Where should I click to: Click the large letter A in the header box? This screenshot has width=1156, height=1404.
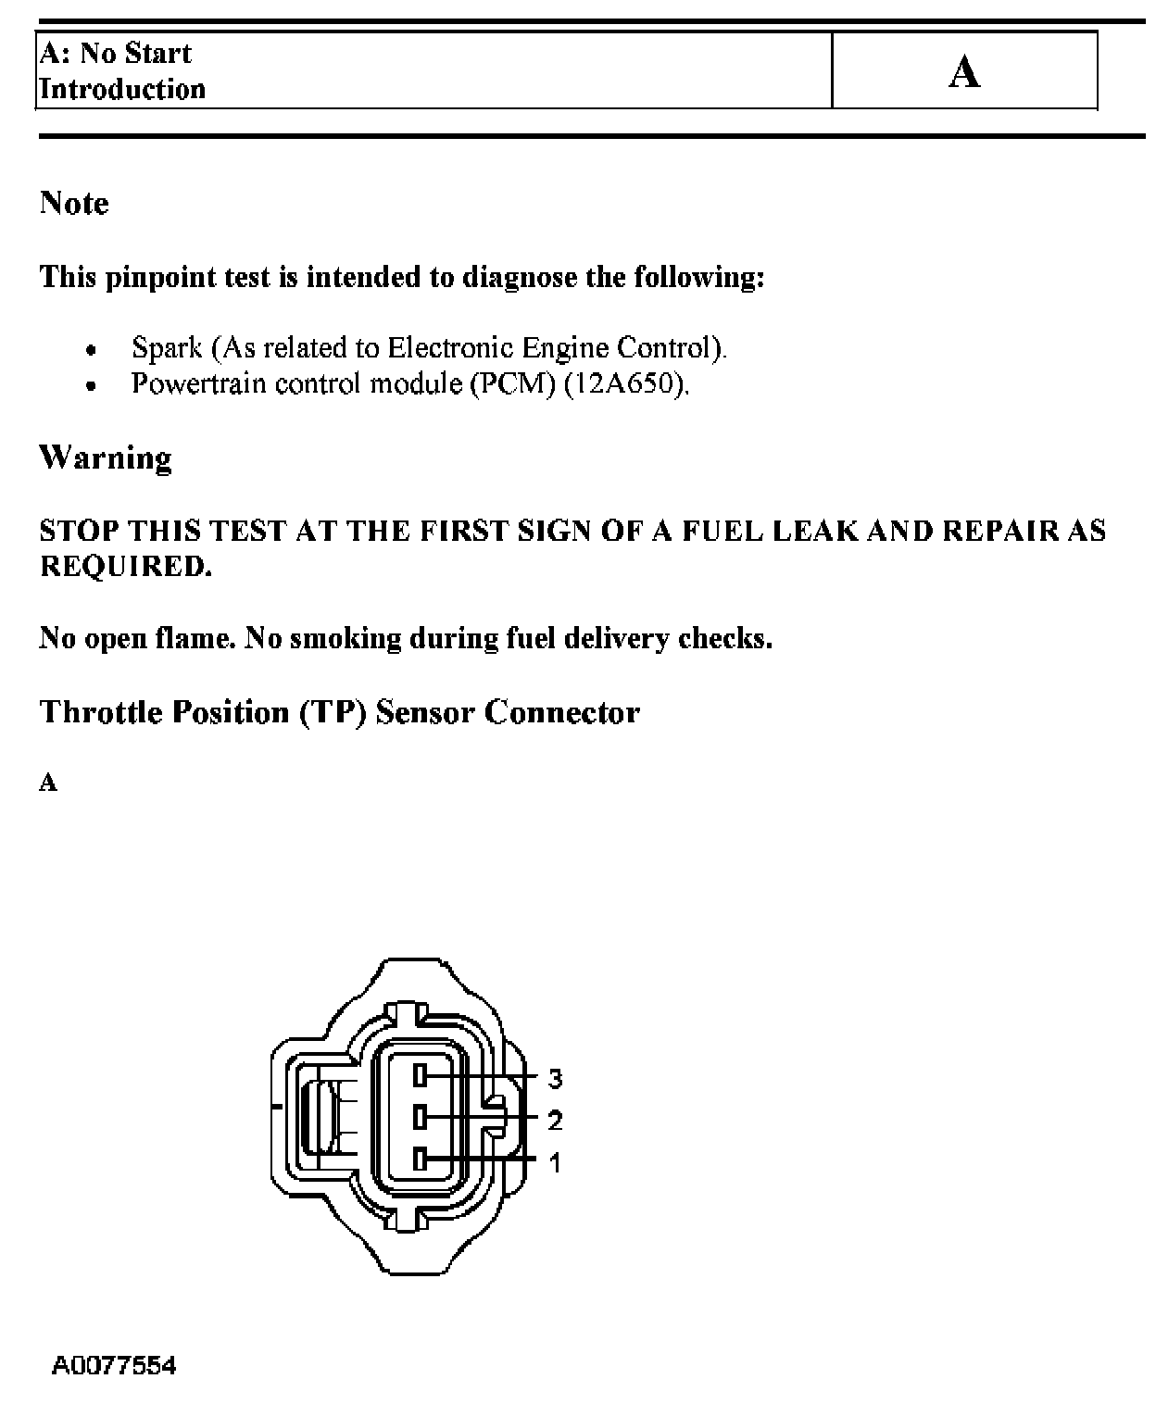point(964,72)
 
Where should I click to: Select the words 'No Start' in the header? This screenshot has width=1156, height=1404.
point(135,53)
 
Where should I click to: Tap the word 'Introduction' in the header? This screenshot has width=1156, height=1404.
point(122,89)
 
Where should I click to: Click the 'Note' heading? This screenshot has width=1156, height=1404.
point(74,203)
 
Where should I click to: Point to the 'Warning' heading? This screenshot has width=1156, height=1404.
point(106,458)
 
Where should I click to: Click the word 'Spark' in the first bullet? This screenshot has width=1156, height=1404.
point(167,347)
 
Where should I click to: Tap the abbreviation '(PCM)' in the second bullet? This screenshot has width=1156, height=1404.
point(513,383)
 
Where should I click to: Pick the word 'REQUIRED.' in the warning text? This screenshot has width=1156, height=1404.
point(126,566)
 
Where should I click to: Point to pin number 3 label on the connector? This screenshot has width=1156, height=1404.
point(555,1078)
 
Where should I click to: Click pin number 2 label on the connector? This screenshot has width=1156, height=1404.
point(555,1121)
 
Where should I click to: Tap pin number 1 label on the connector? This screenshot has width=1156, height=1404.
point(555,1162)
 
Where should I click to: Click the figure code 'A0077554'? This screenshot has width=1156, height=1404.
point(114,1365)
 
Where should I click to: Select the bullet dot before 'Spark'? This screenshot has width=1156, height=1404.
point(90,351)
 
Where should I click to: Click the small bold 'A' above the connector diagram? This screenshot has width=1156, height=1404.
point(48,783)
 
